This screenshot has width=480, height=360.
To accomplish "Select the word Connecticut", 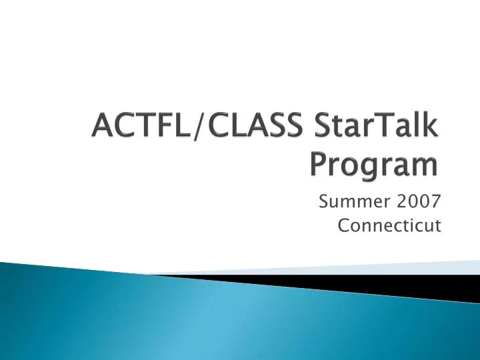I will click(390, 225).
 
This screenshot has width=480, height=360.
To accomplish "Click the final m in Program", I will click(427, 166).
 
